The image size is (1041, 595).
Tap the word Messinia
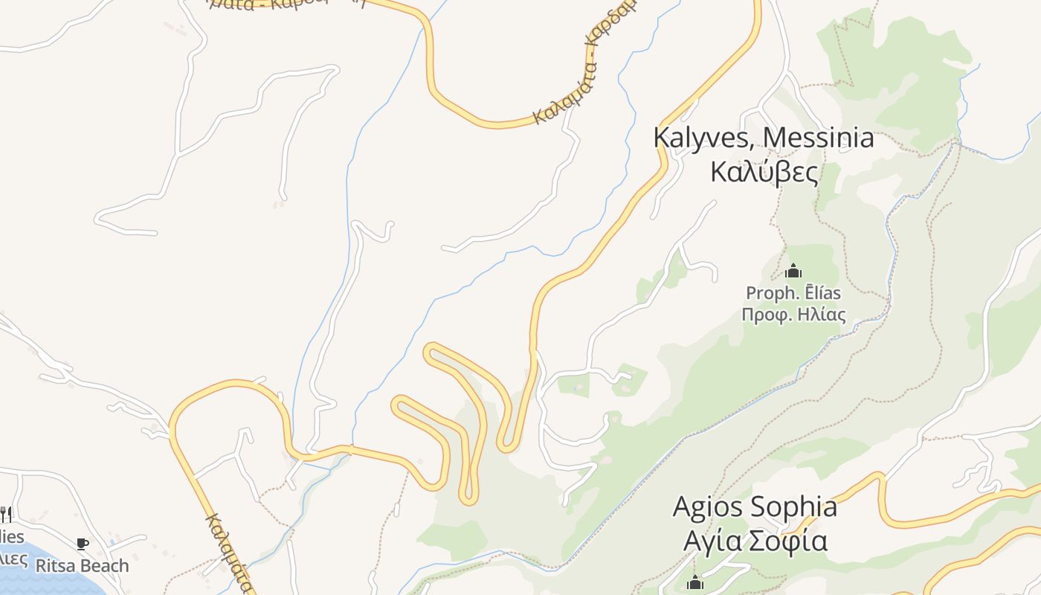pos(819,138)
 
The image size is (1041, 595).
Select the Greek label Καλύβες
pos(764,172)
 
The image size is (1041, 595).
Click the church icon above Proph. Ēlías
pos(793,271)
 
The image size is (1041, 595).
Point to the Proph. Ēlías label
pos(793,292)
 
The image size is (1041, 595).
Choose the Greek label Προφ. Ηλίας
pos(793,314)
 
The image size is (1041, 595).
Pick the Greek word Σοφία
pos(787,541)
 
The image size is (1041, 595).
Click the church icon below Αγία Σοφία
pos(695,582)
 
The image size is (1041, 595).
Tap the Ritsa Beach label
pos(82,566)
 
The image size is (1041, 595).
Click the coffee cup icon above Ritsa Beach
pos(83,544)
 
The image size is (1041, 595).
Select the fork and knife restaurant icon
pos(6,513)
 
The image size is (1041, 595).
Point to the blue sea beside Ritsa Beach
pos(45,584)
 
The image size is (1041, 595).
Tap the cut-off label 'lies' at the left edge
pos(12,537)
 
